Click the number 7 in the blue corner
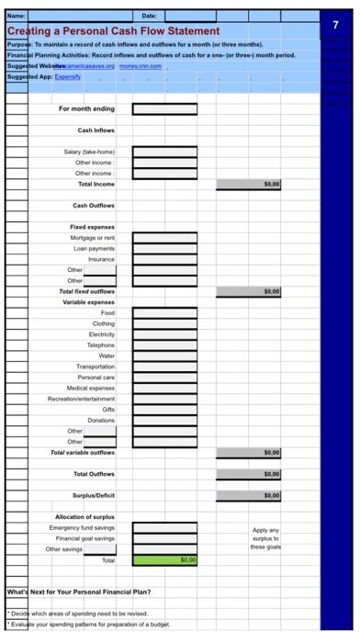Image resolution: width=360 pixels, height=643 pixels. click(x=338, y=26)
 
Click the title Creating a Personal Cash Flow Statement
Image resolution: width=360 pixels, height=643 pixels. click(x=113, y=31)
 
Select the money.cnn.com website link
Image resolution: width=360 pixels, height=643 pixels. click(x=138, y=66)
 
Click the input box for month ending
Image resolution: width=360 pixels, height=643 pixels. click(x=164, y=109)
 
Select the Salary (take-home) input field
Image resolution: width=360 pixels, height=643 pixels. click(x=164, y=151)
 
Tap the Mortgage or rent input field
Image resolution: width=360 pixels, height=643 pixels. click(x=164, y=237)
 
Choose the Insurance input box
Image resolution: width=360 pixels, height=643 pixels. click(x=164, y=259)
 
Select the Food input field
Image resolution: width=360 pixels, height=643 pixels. click(x=164, y=312)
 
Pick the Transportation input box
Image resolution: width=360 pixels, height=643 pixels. click(x=164, y=367)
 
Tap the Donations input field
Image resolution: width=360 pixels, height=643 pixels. click(x=164, y=420)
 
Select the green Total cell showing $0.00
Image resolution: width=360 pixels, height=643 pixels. click(x=164, y=559)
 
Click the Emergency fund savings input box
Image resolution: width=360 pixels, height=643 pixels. click(x=164, y=527)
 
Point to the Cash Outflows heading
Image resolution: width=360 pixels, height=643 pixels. click(x=94, y=205)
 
